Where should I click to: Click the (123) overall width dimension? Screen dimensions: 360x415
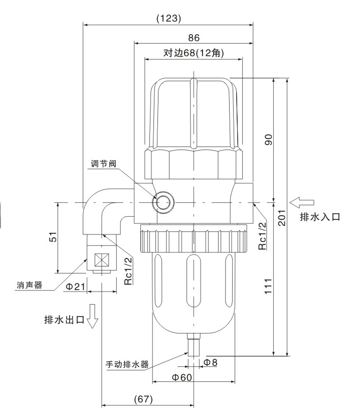point(169,18)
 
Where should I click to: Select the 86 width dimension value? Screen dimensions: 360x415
point(194,38)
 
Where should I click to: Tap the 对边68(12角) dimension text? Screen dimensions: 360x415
point(194,53)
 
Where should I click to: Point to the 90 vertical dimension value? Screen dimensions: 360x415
point(269,140)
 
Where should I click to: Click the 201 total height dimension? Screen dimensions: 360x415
point(282,218)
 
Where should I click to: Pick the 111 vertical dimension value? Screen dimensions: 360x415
point(268,286)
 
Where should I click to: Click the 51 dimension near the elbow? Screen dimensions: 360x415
point(53,237)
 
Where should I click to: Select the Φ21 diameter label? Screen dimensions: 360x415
point(76,287)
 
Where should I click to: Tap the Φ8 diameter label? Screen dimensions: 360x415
point(211,362)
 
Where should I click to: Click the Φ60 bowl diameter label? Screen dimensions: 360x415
point(182,377)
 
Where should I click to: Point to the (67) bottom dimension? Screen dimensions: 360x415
point(143,399)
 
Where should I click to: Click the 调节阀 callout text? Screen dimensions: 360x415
point(104,164)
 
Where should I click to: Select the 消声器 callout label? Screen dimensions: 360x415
point(30,285)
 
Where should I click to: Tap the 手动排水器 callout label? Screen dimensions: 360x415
point(127,364)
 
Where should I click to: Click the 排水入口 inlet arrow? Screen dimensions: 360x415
point(302,202)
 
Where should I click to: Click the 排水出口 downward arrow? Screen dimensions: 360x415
point(93,316)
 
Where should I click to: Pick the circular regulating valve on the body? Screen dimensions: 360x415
point(163,203)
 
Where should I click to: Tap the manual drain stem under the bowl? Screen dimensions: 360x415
point(194,345)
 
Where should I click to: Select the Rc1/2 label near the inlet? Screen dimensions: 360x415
point(262,236)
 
